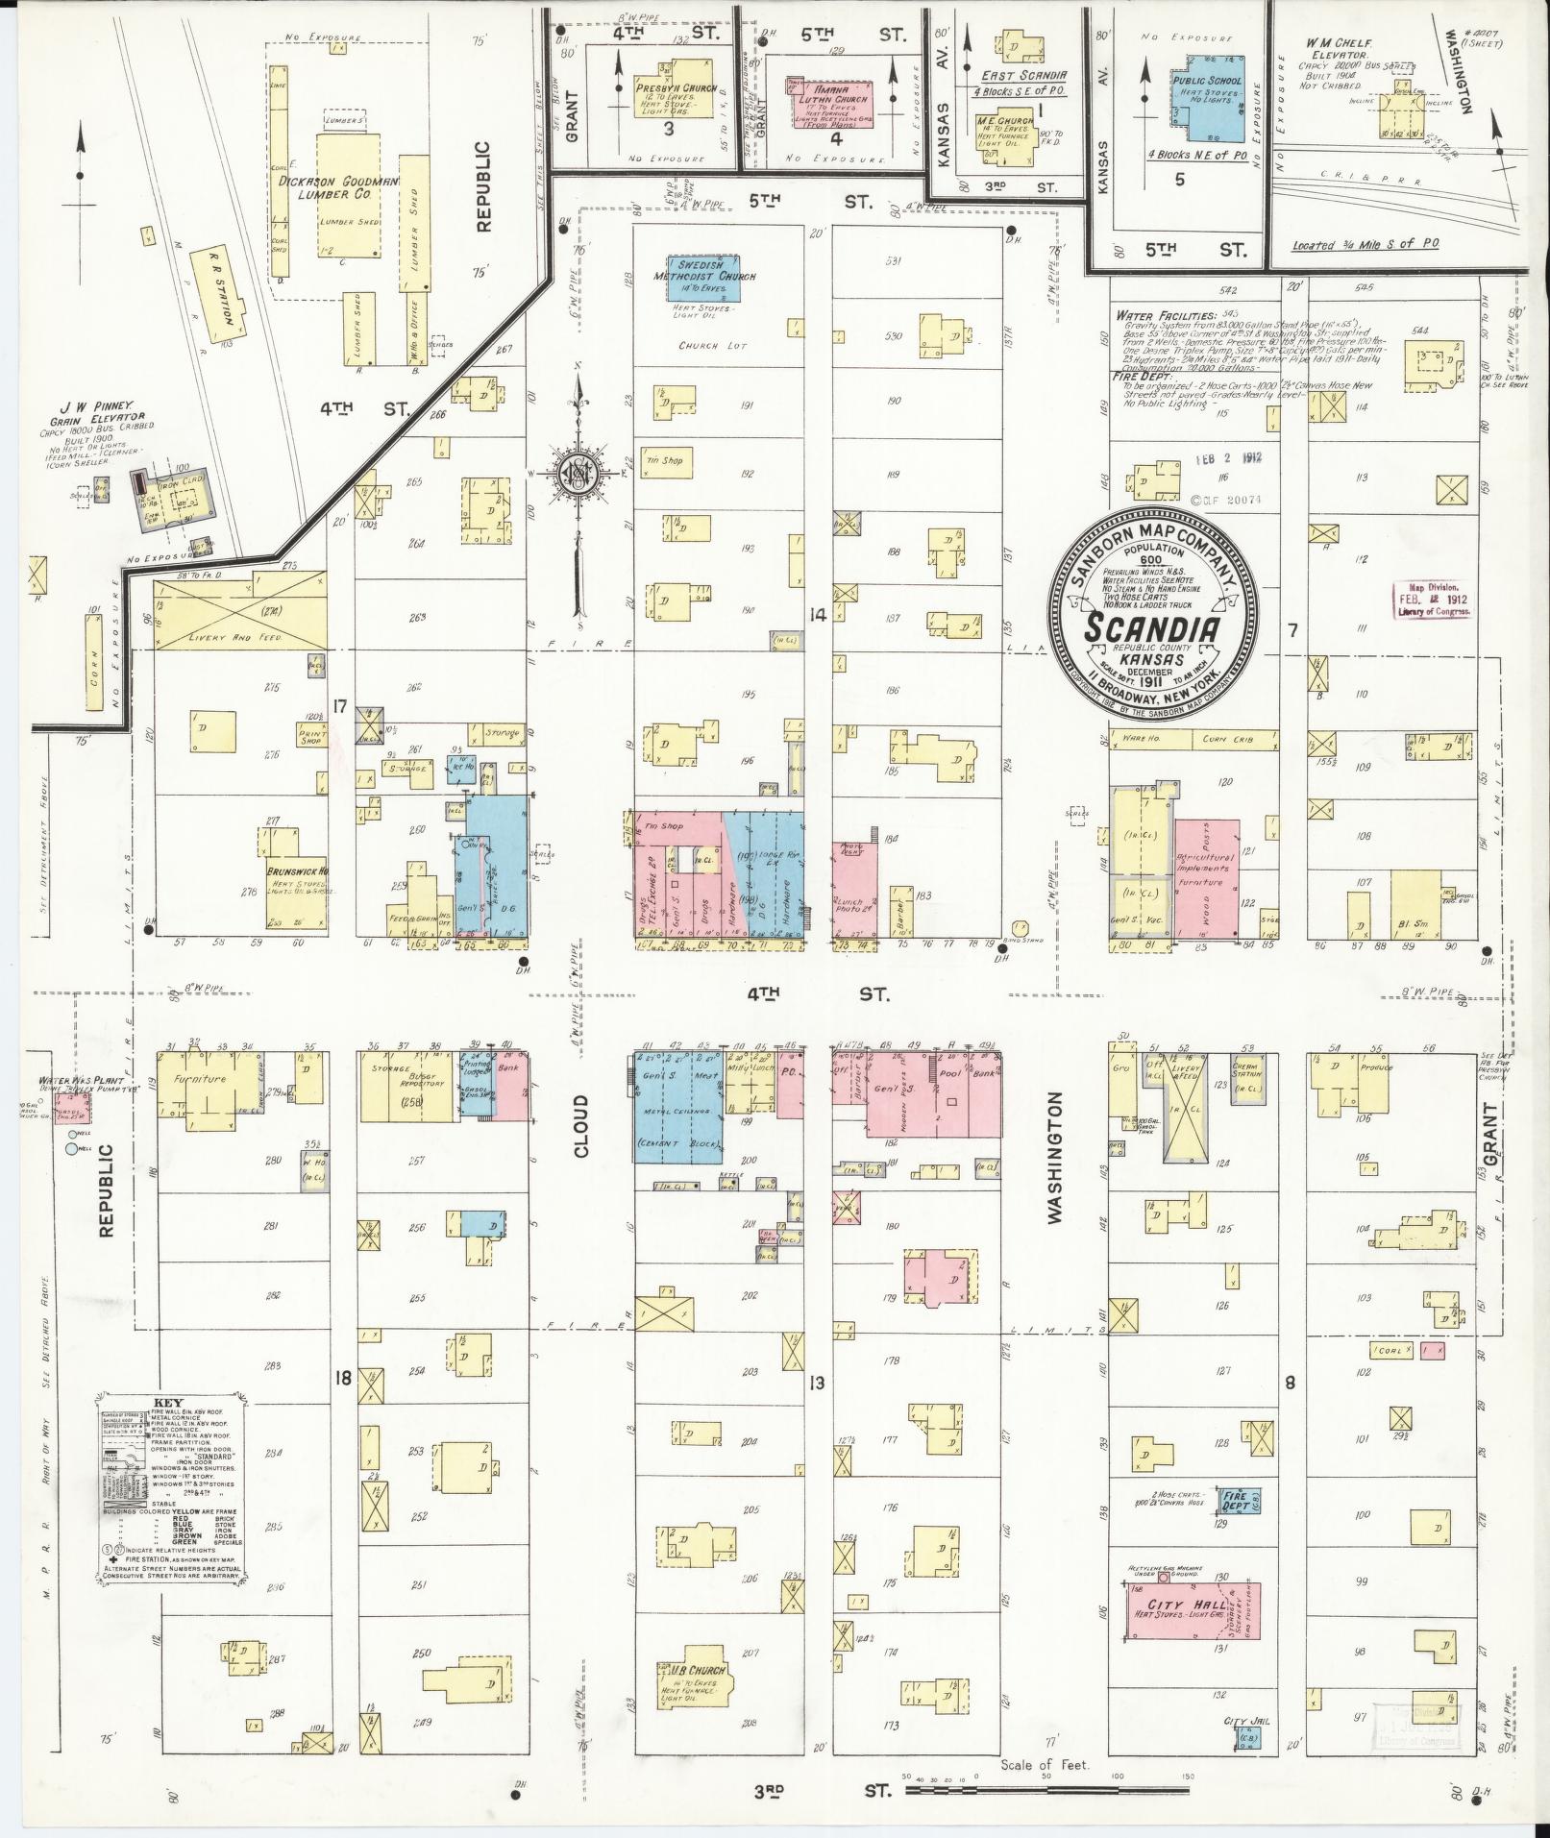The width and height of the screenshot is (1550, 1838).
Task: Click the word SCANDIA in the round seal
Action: point(1152,628)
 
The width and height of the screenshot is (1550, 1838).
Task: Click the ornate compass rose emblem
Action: point(579,478)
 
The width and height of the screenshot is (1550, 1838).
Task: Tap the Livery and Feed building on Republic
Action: point(240,611)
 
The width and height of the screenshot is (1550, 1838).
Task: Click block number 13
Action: point(816,1383)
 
